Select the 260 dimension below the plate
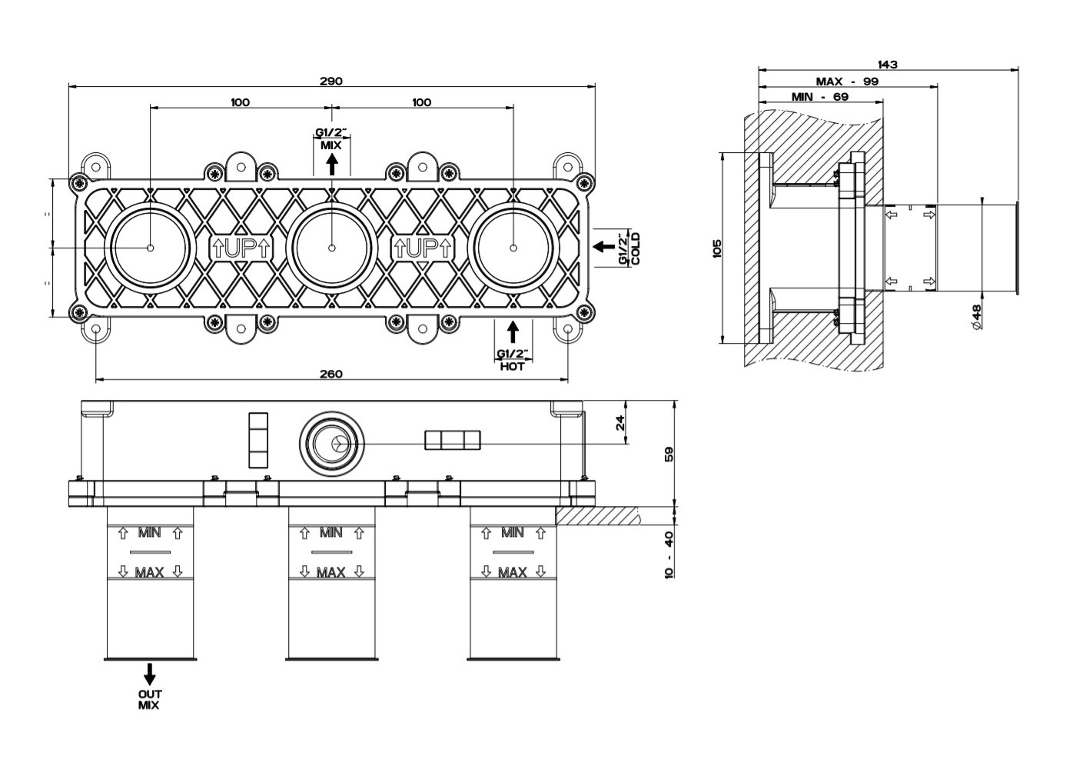(330, 374)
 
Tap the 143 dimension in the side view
(887, 65)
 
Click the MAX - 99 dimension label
(847, 81)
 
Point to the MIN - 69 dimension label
(820, 97)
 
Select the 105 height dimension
(717, 248)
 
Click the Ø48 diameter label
(977, 317)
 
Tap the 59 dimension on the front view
(668, 454)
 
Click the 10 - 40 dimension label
(668, 555)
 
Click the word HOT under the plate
(513, 367)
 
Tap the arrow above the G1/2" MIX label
(331, 164)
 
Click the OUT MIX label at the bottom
(150, 699)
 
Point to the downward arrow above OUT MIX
(150, 674)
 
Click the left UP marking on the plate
(241, 248)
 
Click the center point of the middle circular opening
(332, 248)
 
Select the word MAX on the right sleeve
(513, 572)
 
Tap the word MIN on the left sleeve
(149, 532)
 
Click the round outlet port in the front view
(331, 444)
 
